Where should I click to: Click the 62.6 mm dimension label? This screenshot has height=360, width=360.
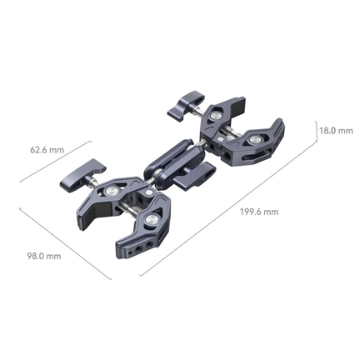[x=47, y=151]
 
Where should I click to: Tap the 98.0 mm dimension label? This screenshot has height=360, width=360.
[x=44, y=256]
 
